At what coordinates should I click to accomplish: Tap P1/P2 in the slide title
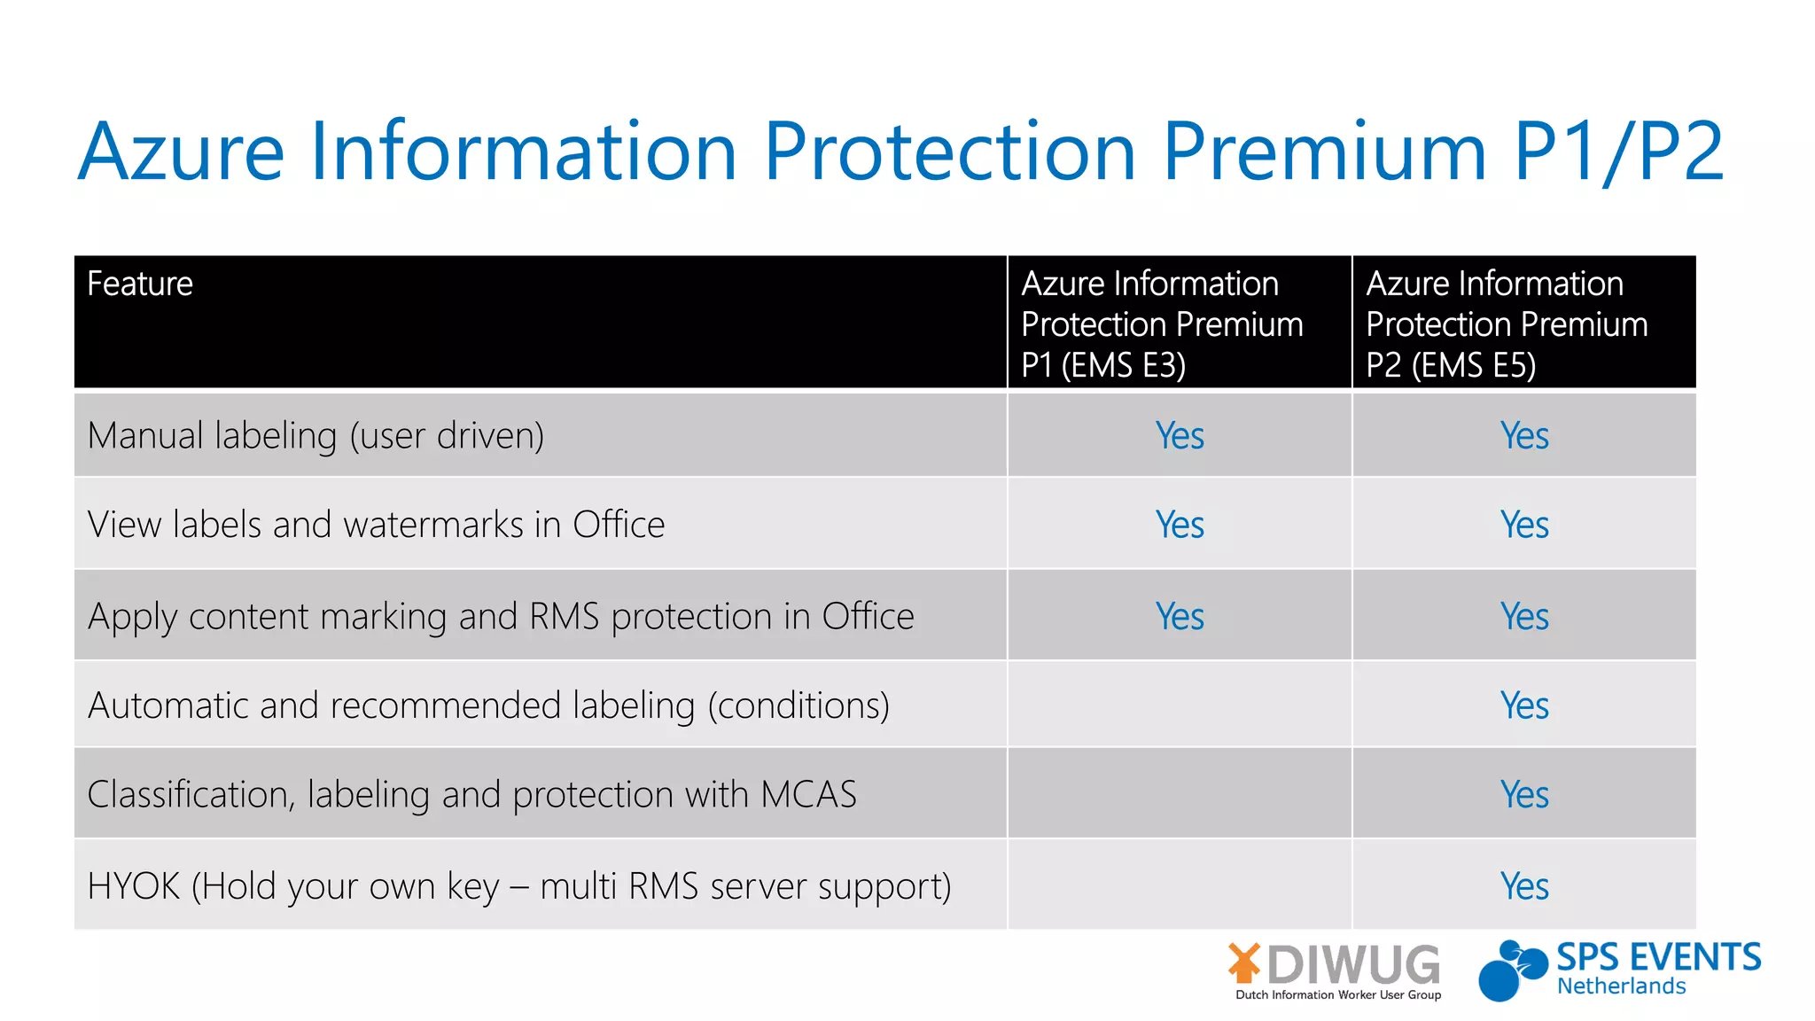[x=1618, y=152]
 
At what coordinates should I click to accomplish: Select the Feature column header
[x=140, y=284]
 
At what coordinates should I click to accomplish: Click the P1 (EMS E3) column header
[x=1162, y=323]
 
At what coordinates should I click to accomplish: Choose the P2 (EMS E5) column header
[x=1507, y=323]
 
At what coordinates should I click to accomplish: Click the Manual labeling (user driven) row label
[x=315, y=436]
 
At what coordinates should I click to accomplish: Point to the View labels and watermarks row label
[x=376, y=525]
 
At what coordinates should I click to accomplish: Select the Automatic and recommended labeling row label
[x=488, y=705]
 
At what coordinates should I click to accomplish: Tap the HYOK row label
[x=519, y=886]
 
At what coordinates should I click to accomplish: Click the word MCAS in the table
[x=808, y=794]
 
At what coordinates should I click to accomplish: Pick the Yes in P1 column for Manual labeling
[x=1180, y=436]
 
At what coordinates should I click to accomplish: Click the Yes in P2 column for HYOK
[x=1524, y=886]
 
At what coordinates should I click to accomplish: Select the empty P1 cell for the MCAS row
[x=1180, y=794]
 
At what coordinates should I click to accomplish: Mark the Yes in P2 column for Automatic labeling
[x=1524, y=705]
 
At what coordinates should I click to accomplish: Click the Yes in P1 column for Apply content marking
[x=1180, y=617]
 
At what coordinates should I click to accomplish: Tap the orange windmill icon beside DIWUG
[x=1244, y=963]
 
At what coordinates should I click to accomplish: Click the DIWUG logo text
[x=1353, y=964]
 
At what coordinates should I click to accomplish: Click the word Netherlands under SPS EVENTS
[x=1621, y=986]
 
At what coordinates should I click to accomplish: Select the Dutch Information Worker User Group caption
[x=1338, y=995]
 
